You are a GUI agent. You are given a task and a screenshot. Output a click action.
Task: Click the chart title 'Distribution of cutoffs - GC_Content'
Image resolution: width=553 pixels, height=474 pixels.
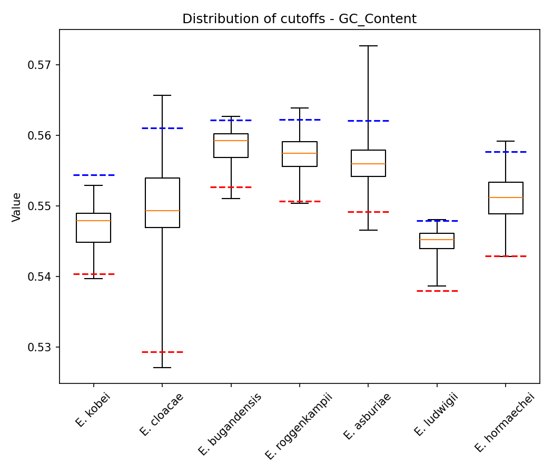point(299,19)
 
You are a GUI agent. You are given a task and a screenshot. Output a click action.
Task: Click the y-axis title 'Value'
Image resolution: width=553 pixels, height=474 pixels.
point(17,206)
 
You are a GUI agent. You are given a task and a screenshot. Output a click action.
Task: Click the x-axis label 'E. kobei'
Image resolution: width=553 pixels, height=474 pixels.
point(93,410)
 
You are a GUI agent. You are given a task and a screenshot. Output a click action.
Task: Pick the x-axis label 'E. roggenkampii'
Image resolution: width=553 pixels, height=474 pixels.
point(299,426)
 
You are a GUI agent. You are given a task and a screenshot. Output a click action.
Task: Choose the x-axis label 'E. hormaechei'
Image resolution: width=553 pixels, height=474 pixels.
point(505,422)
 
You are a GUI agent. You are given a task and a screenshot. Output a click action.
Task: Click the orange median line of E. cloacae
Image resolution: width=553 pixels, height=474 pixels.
point(162,211)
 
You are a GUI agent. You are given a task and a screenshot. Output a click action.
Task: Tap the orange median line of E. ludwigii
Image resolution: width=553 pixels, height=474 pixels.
point(437,240)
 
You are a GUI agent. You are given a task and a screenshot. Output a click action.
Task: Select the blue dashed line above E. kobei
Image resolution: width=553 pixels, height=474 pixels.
point(94,175)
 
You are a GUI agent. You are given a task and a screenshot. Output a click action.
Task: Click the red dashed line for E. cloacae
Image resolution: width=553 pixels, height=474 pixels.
point(162,352)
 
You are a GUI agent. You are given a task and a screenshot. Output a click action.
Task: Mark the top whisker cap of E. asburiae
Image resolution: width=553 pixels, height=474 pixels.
point(368,46)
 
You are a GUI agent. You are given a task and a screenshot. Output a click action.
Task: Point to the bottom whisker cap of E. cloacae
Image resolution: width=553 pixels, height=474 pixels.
point(162,368)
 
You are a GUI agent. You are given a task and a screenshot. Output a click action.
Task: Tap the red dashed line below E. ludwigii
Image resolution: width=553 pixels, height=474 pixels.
point(437,291)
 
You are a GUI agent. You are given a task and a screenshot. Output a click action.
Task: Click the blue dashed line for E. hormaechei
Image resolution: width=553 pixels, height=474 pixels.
point(506,152)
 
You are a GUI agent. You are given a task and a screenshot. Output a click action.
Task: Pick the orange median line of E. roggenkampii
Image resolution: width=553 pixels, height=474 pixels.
point(300,153)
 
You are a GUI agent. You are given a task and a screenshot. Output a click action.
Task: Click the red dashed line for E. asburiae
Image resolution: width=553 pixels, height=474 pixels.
point(368,212)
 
